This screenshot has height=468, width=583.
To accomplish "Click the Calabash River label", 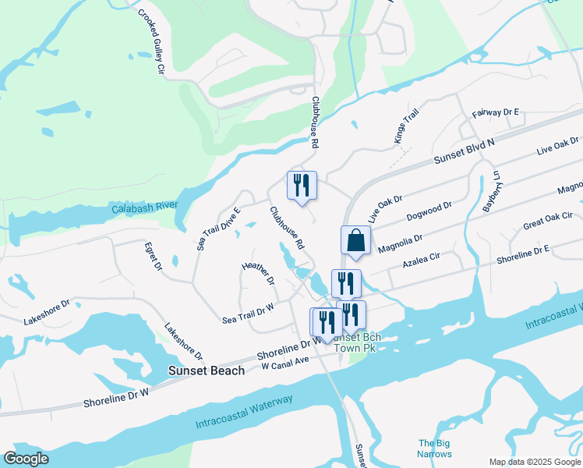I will click(145, 208).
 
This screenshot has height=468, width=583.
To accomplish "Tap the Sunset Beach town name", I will click(207, 370).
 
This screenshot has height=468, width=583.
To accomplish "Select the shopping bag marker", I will click(355, 241).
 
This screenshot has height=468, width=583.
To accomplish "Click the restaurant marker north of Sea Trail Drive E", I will click(302, 186).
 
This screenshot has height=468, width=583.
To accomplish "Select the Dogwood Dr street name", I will click(429, 211).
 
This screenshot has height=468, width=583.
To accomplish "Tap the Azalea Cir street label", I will click(422, 261).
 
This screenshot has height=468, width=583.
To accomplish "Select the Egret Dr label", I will click(153, 256).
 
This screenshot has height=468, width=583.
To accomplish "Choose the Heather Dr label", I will click(259, 273).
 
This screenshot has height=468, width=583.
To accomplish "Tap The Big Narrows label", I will click(434, 448).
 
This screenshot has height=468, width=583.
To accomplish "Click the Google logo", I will click(26, 459).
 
